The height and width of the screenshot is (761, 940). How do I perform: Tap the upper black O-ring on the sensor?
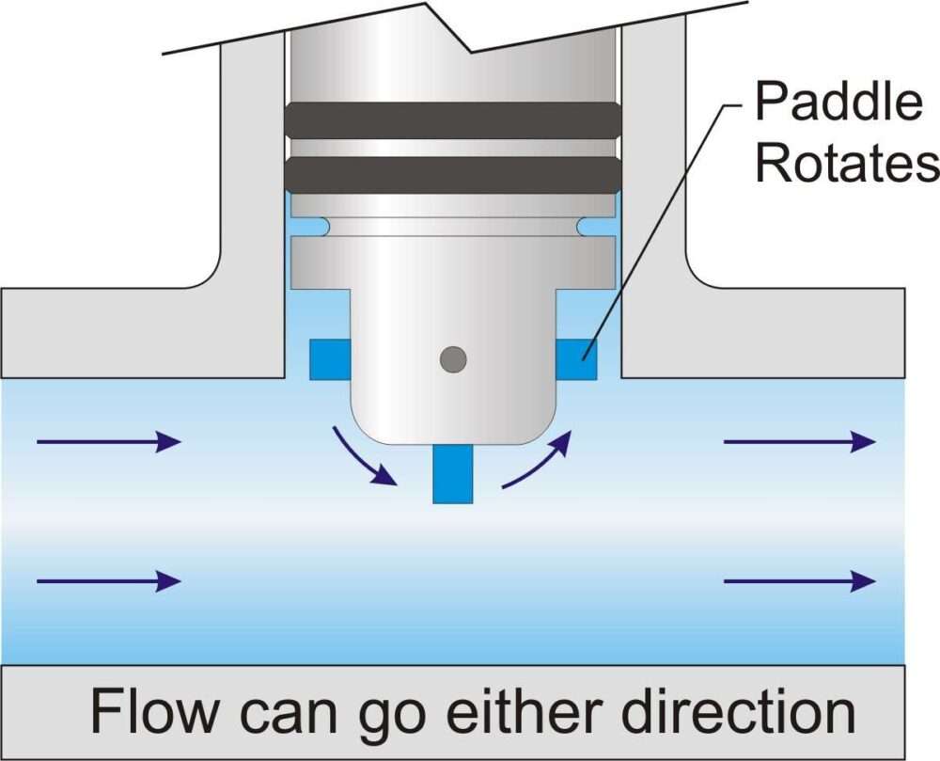point(452,118)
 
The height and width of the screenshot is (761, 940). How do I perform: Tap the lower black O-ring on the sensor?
point(452,174)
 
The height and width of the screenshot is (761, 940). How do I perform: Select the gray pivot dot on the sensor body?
point(453,358)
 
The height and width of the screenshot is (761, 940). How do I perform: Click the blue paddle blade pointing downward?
point(452,474)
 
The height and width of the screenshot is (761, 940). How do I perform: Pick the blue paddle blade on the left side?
point(329,359)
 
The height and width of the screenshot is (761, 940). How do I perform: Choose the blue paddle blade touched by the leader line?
point(576,359)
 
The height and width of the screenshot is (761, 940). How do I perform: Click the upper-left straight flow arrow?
point(107,440)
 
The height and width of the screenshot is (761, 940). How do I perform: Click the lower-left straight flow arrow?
point(107,581)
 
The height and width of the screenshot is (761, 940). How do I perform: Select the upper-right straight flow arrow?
point(799,440)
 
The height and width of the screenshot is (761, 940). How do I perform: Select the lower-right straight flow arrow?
point(799,581)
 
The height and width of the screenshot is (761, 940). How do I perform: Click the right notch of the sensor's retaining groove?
point(587,227)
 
